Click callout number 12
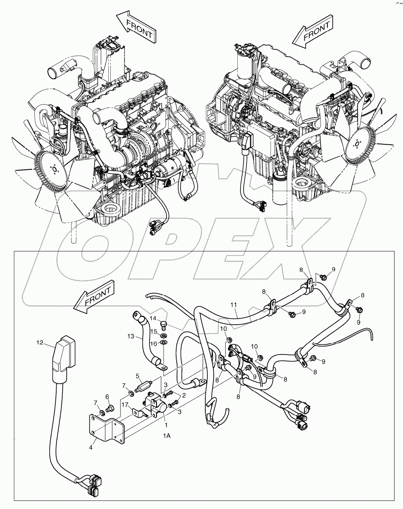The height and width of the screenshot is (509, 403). click(40, 342)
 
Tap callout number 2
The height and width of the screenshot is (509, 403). click(184, 395)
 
